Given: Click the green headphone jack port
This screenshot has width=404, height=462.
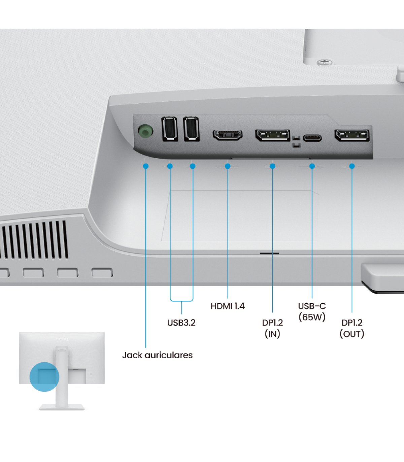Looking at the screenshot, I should pyautogui.click(x=145, y=131).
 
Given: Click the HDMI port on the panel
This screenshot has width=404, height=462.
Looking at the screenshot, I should pyautogui.click(x=228, y=135).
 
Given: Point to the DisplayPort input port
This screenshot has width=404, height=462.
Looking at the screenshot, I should pyautogui.click(x=273, y=135).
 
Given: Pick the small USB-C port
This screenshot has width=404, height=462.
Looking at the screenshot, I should pyautogui.click(x=312, y=138).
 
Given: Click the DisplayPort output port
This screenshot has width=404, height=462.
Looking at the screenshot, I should pyautogui.click(x=352, y=135).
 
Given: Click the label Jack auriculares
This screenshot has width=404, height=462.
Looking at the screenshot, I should pyautogui.click(x=157, y=355).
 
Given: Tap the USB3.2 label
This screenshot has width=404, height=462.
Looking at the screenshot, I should pyautogui.click(x=181, y=323).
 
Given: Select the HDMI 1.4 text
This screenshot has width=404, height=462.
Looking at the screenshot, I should pyautogui.click(x=228, y=306).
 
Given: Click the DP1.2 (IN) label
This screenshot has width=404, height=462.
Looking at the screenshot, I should pyautogui.click(x=272, y=328).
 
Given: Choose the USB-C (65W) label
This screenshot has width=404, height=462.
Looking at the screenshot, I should pyautogui.click(x=312, y=311).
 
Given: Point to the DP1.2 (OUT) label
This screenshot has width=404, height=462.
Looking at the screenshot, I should pyautogui.click(x=352, y=328).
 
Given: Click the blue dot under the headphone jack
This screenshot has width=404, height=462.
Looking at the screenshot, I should pyautogui.click(x=146, y=166).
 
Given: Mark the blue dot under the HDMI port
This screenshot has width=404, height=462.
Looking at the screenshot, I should pyautogui.click(x=228, y=166).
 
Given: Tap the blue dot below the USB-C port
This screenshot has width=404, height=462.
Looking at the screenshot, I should pyautogui.click(x=312, y=166).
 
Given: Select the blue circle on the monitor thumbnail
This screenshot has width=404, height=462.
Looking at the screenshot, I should pyautogui.click(x=44, y=377).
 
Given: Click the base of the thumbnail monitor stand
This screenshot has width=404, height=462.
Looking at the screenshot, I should pyautogui.click(x=62, y=407).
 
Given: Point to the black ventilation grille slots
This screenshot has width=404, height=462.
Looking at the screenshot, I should pyautogui.click(x=34, y=240).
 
